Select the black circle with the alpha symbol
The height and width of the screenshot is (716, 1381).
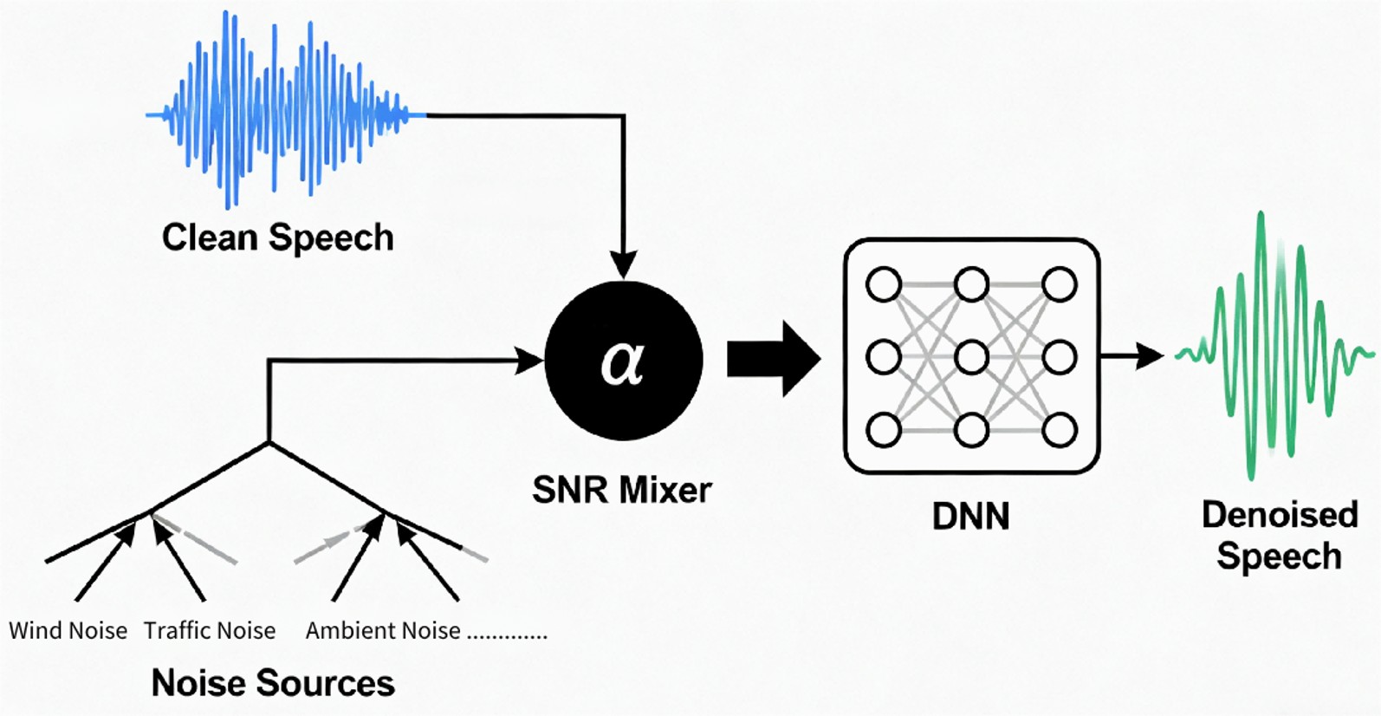tap(623, 361)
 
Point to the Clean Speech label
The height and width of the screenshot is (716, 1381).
tap(277, 238)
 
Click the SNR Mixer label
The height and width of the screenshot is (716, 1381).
tap(621, 491)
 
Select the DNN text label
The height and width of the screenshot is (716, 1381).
tap(970, 517)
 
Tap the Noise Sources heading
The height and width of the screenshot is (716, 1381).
tap(273, 683)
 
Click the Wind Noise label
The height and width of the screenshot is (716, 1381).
tap(68, 630)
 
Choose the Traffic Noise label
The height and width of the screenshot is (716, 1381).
tap(210, 630)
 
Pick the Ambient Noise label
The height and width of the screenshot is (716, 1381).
tap(383, 630)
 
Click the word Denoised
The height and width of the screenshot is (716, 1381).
tap(1279, 515)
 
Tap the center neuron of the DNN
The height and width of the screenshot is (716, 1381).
tap(971, 357)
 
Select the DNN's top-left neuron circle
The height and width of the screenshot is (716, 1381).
tap(884, 284)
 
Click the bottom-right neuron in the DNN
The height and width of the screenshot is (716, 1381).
tap(1059, 430)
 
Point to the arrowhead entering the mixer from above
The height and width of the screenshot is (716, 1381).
tap(623, 264)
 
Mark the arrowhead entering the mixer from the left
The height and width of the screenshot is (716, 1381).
tap(529, 361)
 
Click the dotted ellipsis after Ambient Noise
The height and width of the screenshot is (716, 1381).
tap(508, 635)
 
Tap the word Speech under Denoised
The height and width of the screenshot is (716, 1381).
tap(1279, 557)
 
